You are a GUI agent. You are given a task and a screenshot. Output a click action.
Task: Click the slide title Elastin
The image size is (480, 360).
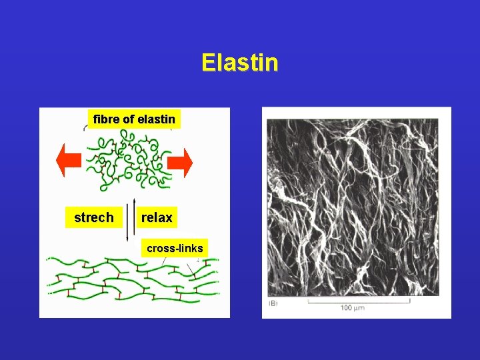point(239,63)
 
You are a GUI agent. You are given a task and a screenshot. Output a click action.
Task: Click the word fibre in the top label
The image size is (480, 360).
point(106,119)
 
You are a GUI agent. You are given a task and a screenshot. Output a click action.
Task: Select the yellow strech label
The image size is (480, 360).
point(93,217)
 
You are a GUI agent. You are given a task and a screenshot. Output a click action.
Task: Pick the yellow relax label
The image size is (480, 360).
point(157,217)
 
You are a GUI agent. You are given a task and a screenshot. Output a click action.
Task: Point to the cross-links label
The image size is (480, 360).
point(175,248)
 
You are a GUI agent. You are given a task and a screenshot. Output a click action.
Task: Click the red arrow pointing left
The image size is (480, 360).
point(68,162)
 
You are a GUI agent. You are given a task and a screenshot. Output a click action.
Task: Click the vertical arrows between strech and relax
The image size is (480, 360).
point(131,219)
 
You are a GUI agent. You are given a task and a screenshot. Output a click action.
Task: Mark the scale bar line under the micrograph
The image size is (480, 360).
point(359,301)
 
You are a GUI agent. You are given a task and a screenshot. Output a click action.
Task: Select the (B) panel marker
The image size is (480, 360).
point(273,304)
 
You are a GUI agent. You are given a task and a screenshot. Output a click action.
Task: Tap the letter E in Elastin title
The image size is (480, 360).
point(208,63)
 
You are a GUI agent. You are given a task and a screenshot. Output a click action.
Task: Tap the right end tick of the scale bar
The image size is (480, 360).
point(409,301)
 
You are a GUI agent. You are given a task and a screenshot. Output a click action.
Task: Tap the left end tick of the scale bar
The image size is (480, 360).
point(308,301)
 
